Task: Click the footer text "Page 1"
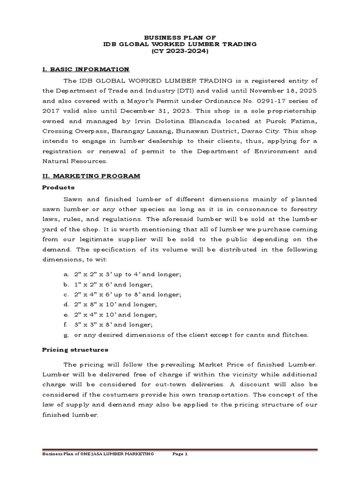[180, 454]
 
